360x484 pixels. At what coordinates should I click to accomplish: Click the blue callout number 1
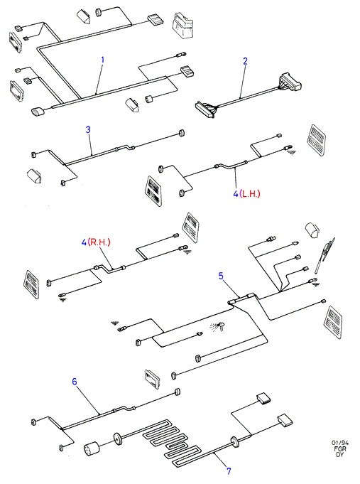pyautogui.click(x=103, y=60)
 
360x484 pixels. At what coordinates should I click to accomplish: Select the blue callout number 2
pyautogui.click(x=245, y=61)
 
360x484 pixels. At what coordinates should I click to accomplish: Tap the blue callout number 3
pyautogui.click(x=88, y=129)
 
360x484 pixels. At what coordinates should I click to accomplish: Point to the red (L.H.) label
pyautogui.click(x=249, y=194)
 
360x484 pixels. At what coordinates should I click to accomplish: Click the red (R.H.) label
pyautogui.click(x=99, y=242)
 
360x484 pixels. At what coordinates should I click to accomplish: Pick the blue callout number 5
pyautogui.click(x=221, y=276)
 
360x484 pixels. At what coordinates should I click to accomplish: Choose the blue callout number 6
pyautogui.click(x=75, y=382)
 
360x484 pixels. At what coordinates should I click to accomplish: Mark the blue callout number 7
pyautogui.click(x=229, y=471)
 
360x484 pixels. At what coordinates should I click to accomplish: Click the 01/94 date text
pyautogui.click(x=340, y=443)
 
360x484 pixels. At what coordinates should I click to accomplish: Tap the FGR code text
pyautogui.click(x=340, y=448)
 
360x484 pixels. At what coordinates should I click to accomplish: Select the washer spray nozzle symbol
pyautogui.click(x=218, y=326)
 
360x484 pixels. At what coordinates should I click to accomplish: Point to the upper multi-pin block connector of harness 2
pyautogui.click(x=290, y=82)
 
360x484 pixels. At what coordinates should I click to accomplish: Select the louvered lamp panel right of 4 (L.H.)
pyautogui.click(x=316, y=141)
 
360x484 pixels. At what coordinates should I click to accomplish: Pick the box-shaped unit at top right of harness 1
pyautogui.click(x=182, y=25)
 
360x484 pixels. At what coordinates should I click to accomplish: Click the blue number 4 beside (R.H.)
pyautogui.click(x=84, y=242)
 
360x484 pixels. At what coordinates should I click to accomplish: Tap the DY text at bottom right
pyautogui.click(x=340, y=455)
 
